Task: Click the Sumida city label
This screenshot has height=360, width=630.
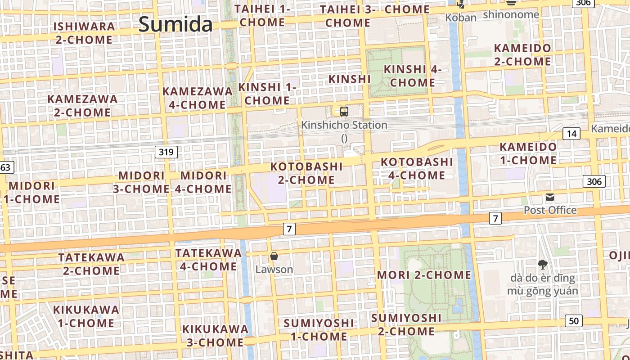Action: pos(175,24)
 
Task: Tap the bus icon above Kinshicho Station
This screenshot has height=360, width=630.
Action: pos(344,112)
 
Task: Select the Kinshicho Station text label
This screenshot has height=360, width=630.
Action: pos(344,125)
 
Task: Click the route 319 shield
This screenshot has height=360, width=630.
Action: pos(166,152)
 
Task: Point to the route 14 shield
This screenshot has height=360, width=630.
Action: pos(571,134)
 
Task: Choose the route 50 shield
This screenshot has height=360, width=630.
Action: pos(573,321)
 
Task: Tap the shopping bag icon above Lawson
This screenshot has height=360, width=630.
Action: pos(274,256)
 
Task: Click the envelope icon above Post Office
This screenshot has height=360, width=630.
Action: pos(550,197)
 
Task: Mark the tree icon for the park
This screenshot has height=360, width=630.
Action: pos(542,264)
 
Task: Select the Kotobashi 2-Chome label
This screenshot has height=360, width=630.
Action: pos(306,173)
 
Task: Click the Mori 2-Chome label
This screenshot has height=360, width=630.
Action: pos(424,275)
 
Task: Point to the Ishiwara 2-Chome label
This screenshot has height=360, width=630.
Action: pos(84,33)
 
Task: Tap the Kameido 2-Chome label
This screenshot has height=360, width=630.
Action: pos(522,54)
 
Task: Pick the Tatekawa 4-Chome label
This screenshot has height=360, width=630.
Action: pos(208,260)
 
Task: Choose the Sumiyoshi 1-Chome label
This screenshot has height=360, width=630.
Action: pos(319,330)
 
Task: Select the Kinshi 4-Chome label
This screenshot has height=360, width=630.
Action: pos(413,76)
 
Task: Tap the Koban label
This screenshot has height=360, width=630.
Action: pos(460,18)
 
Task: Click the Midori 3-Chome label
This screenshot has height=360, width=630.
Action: pos(141,182)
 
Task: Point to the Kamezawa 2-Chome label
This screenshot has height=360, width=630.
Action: pos(82,105)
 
